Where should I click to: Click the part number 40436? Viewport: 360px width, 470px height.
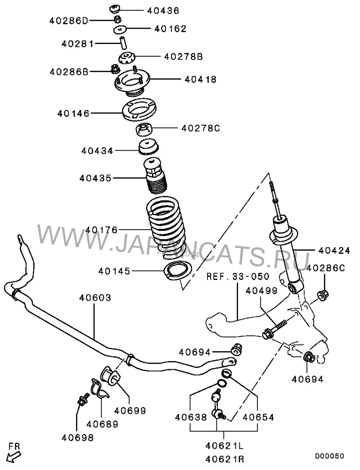pos(163,11)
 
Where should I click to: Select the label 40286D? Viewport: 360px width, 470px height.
pos(69,21)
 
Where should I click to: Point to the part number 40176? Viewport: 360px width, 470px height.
pos(102,230)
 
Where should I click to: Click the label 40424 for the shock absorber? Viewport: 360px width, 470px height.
pos(333,250)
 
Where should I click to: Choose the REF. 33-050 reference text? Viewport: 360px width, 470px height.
pos(238,276)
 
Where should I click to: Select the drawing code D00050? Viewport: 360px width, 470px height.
pos(329,456)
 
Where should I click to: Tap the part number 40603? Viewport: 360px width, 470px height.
pos(95,298)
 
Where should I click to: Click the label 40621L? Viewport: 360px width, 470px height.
pos(225,446)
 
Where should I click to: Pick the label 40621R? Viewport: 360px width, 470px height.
pos(225,459)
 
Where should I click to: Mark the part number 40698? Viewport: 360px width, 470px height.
pos(77,438)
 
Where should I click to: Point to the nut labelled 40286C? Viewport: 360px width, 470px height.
pos(323,294)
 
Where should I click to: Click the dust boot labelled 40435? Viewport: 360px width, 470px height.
pos(155,177)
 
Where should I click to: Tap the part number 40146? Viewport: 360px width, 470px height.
pos(73,113)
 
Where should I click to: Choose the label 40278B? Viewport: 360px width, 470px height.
pos(183,57)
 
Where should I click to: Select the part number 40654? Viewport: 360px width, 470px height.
pos(258,417)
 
